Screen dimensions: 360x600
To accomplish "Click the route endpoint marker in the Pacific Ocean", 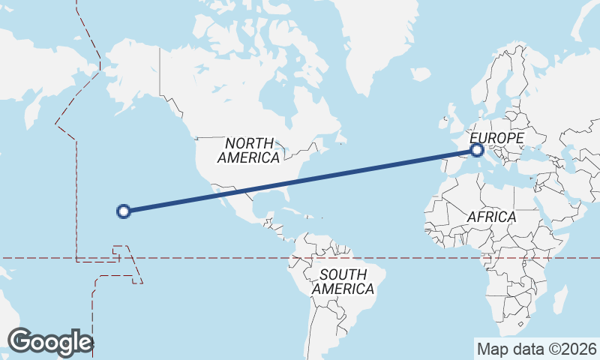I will point(124,211).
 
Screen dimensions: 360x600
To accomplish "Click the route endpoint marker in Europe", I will point(477,151).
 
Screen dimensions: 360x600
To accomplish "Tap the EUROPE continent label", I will point(496,139).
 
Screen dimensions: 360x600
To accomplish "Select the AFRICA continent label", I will point(491,217).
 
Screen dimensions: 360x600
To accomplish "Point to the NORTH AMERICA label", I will point(248,150).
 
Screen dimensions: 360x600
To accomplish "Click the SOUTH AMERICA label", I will point(343,281).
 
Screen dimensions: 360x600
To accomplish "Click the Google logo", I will point(50,342).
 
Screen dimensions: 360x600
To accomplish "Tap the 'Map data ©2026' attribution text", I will point(536,349).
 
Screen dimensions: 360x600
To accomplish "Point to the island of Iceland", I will point(421,74).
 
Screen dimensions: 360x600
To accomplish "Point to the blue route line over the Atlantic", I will point(360,172).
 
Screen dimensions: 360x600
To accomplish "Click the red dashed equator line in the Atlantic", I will point(420,258).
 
